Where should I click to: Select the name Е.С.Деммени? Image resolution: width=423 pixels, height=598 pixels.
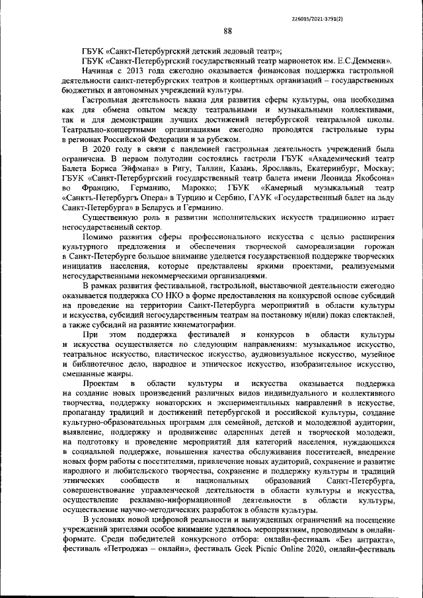[367, 60]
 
